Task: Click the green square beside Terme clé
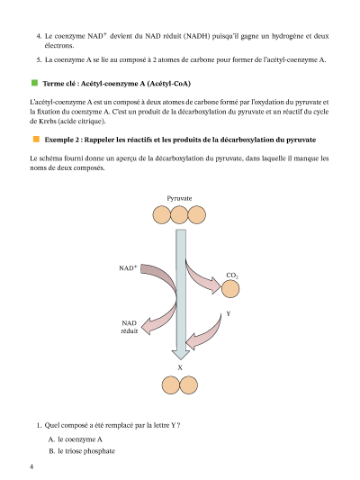click(x=34, y=83)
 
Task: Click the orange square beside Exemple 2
click(x=36, y=140)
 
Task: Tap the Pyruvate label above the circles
click(x=179, y=198)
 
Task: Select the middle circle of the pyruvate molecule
click(x=179, y=215)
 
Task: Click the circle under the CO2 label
click(x=230, y=289)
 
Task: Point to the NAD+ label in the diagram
click(x=128, y=267)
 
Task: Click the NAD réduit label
click(x=130, y=327)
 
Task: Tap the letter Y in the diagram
click(x=229, y=313)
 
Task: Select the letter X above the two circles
click(x=180, y=367)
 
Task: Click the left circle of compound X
click(x=171, y=385)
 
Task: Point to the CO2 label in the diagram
click(x=232, y=276)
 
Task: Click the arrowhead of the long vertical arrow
click(x=181, y=354)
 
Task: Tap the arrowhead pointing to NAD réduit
click(x=147, y=327)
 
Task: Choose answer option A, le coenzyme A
click(x=76, y=439)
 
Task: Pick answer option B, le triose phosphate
click(x=82, y=451)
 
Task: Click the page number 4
click(x=31, y=466)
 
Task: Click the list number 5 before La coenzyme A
click(x=39, y=59)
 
